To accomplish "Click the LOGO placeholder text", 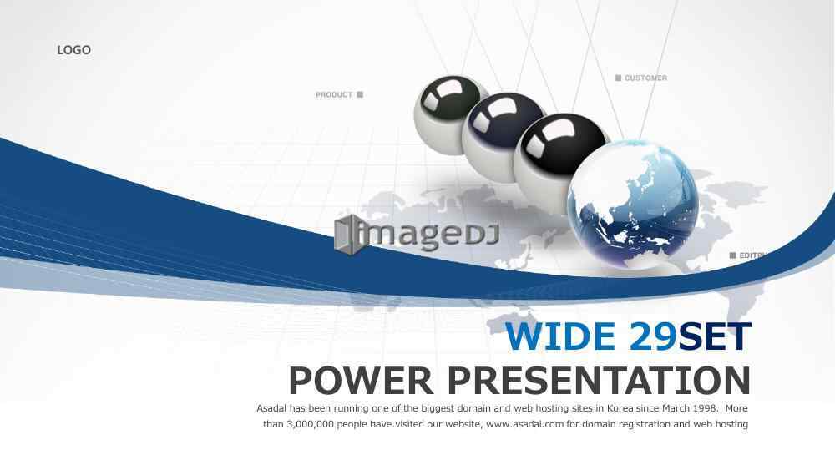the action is (x=74, y=50).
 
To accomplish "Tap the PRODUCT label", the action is (x=334, y=94).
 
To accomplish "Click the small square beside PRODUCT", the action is (x=360, y=94).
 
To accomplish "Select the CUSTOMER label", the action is (x=645, y=78).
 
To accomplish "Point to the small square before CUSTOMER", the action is (x=618, y=78).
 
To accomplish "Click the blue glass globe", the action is (x=633, y=205).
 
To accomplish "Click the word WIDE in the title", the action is (x=560, y=336).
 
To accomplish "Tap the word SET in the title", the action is (x=715, y=336).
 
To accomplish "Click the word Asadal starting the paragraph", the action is (x=272, y=408).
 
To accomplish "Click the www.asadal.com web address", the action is (x=524, y=424).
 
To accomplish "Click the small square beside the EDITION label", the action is (x=733, y=255).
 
